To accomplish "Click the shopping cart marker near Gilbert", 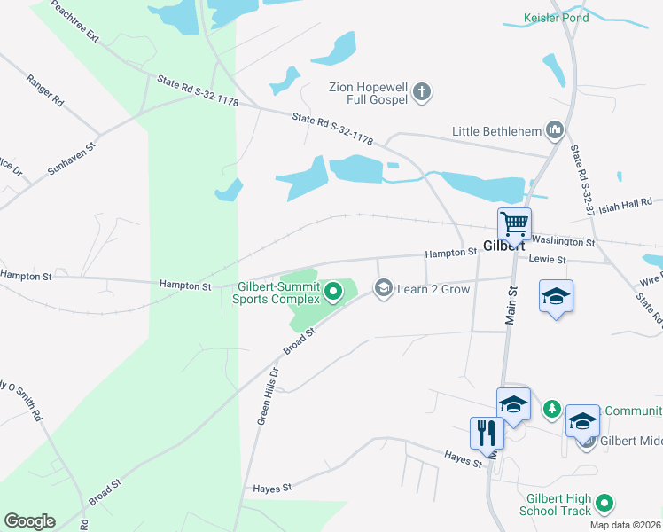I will coord(514,224).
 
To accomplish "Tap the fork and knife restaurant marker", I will coord(486,433).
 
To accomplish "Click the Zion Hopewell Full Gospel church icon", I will coord(423,90).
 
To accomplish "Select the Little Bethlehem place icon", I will coord(556,131).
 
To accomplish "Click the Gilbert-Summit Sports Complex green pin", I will coord(333,291).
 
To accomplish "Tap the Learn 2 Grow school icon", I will coord(384,288).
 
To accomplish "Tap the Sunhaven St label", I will coord(71,156).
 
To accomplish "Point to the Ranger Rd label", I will coord(45,90).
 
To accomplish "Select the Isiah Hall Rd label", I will coord(625,207).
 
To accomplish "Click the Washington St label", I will coord(565,240).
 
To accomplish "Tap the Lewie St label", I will coord(547,259).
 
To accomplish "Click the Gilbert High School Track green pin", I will coord(604,504).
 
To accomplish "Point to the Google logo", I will coord(29,521).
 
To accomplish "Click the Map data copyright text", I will coord(625,525).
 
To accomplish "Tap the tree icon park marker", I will coord(552,408).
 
